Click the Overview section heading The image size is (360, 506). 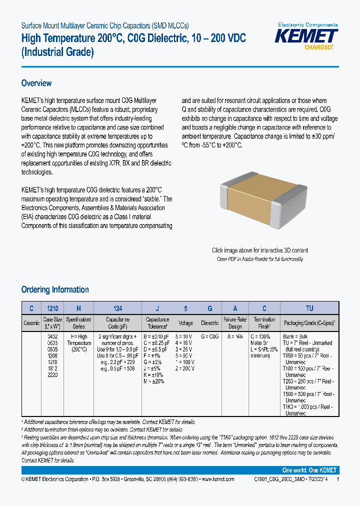(36, 83)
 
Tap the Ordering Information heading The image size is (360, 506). (55, 289)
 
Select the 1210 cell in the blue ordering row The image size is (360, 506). (52, 308)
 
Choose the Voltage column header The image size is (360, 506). (185, 323)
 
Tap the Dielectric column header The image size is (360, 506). (210, 323)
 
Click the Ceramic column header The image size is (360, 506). (31, 323)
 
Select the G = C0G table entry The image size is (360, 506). (210, 336)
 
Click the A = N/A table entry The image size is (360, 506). (235, 336)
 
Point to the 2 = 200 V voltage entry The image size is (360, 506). (184, 368)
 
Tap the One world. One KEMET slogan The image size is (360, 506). (309, 470)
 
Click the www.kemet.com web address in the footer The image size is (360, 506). (217, 479)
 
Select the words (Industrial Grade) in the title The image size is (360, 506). (58, 51)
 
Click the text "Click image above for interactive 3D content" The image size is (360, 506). (260, 250)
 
